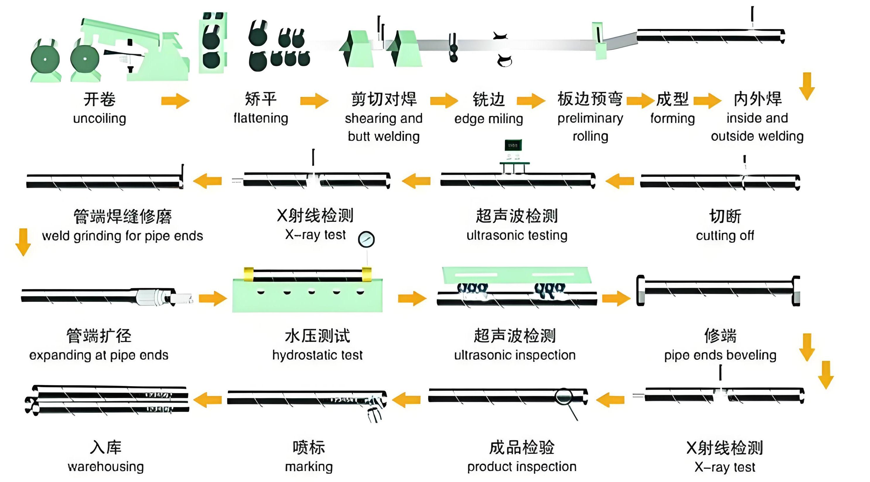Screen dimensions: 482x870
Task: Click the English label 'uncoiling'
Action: (100, 119)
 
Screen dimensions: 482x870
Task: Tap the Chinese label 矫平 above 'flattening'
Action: (261, 99)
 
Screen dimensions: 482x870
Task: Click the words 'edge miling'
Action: (488, 119)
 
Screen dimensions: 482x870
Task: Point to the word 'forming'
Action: (673, 119)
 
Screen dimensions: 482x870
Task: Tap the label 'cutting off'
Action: (725, 235)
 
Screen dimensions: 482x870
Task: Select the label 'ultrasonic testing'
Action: (517, 235)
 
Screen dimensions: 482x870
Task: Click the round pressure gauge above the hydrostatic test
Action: (366, 239)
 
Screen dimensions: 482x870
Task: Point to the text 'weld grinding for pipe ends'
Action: (123, 236)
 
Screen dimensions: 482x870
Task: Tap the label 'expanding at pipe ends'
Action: (99, 355)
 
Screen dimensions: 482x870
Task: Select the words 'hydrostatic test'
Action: (318, 355)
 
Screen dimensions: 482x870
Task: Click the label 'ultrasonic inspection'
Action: (515, 355)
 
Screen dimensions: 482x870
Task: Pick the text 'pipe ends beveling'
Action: (720, 355)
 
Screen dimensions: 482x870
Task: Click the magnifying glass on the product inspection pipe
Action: (563, 396)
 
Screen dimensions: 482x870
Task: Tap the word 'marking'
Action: (309, 467)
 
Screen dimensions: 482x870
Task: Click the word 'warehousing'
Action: (106, 467)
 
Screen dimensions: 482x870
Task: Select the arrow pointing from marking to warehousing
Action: (207, 400)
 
